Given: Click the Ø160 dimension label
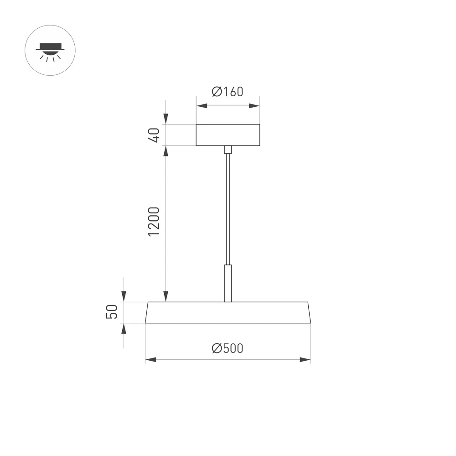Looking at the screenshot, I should pyautogui.click(x=228, y=92).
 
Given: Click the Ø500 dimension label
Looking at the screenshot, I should pyautogui.click(x=228, y=348).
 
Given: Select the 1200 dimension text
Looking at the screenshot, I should pyautogui.click(x=154, y=222).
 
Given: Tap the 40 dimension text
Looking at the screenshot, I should pyautogui.click(x=154, y=135).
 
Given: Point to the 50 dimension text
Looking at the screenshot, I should pyautogui.click(x=112, y=312).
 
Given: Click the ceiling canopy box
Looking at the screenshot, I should pyautogui.click(x=228, y=135).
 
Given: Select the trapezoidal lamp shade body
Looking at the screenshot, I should pyautogui.click(x=228, y=312).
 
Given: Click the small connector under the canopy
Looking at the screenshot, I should pyautogui.click(x=228, y=150).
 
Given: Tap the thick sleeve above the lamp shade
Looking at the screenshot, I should pyautogui.click(x=228, y=283).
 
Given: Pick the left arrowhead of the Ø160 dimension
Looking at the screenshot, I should pyautogui.click(x=201, y=106).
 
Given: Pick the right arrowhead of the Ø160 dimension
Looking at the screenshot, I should pyautogui.click(x=254, y=106).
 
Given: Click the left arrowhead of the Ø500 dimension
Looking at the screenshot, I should pyautogui.click(x=150, y=360).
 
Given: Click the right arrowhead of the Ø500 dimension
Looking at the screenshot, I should pyautogui.click(x=306, y=360).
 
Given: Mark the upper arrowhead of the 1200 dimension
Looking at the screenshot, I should pyautogui.click(x=166, y=151).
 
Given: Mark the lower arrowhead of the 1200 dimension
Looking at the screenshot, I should pyautogui.click(x=166, y=296).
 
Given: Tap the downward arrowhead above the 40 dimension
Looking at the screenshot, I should pyautogui.click(x=166, y=119).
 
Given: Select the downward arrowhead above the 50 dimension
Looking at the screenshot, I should pyautogui.click(x=124, y=296).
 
